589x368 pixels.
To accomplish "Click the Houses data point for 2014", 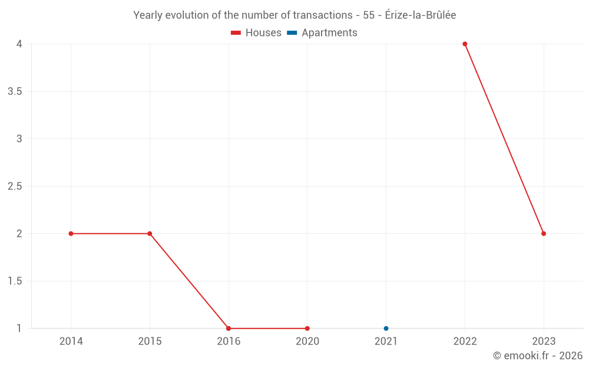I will click(x=71, y=234).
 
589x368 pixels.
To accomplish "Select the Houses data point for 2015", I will click(x=150, y=234).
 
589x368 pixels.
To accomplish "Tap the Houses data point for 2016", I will click(x=229, y=329).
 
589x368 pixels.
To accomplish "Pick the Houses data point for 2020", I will click(x=307, y=329).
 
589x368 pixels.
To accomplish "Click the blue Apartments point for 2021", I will click(x=386, y=329).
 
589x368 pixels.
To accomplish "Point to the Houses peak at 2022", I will click(x=465, y=44).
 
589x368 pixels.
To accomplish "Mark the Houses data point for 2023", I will click(x=544, y=234).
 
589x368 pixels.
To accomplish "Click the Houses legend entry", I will click(x=256, y=33).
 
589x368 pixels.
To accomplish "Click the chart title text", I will click(x=294, y=15).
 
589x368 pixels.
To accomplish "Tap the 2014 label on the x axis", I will click(x=71, y=342).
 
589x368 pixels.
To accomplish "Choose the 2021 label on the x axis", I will click(x=386, y=342).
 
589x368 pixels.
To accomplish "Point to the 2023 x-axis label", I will click(x=544, y=342).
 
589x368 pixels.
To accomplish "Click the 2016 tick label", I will click(x=229, y=342).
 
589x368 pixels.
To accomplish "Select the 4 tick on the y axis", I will click(x=19, y=44).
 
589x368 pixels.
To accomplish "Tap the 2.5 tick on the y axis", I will click(x=15, y=187).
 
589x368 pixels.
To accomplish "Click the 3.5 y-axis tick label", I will click(x=15, y=92).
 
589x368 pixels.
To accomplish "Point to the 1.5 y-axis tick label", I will click(x=15, y=281).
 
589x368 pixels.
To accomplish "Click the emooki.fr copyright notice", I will click(x=537, y=356).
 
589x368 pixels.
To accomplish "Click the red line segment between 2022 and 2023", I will click(x=504, y=139).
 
